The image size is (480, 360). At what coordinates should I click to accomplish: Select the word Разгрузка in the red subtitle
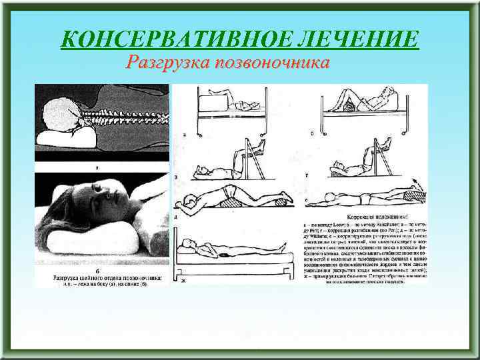(166, 63)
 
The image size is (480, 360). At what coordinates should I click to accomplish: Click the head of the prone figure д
(191, 200)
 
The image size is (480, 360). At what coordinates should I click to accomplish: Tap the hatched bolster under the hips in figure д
(229, 195)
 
